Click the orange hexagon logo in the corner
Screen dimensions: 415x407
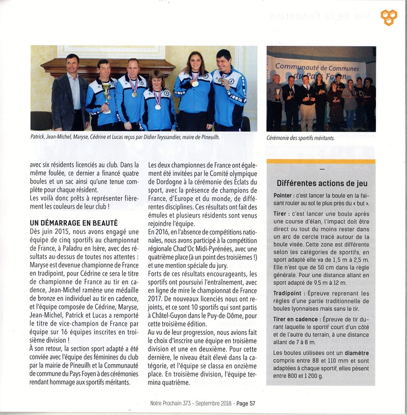pyautogui.click(x=389, y=17)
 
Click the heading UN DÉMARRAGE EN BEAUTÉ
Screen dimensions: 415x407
pyautogui.click(x=74, y=223)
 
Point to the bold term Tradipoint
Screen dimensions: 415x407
pyautogui.click(x=289, y=293)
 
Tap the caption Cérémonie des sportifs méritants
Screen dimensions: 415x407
pyautogui.click(x=300, y=138)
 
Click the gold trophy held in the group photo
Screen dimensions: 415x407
pyautogui.click(x=106, y=94)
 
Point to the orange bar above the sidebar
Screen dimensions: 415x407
pyautogui.click(x=321, y=161)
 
